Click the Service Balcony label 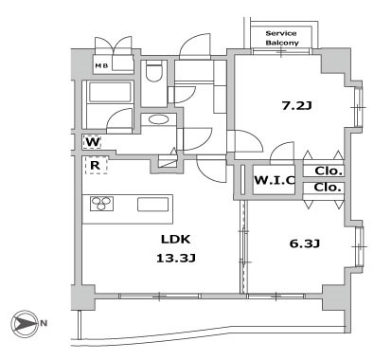282,38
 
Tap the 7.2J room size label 296,105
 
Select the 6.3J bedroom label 305,243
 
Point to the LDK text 176,240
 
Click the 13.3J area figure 176,259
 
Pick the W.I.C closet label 275,180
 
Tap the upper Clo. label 329,171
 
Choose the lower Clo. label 328,188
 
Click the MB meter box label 101,65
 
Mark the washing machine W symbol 93,142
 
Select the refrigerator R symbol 96,165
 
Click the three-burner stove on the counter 101,204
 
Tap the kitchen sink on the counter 153,205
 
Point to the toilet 154,71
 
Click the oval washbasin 158,119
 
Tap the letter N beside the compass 44,323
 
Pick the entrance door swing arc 195,46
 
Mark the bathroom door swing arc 119,118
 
